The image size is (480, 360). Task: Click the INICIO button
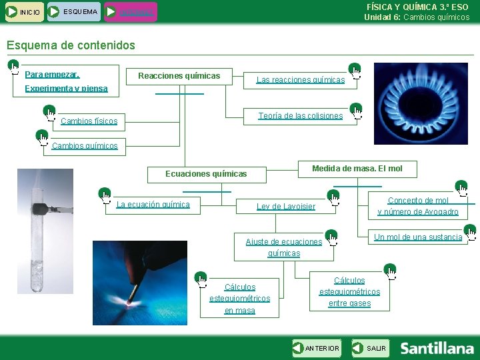[x=23, y=12]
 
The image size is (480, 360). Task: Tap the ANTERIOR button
[x=317, y=348]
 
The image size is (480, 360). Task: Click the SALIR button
[x=371, y=348]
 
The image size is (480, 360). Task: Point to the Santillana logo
[x=437, y=348]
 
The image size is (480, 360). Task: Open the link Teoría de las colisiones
[x=300, y=116]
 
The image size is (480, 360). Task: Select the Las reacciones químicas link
[x=301, y=80]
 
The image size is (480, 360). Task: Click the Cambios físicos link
[x=89, y=121]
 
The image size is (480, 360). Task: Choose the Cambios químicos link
[x=85, y=146]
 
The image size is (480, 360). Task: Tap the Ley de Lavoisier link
[x=286, y=207]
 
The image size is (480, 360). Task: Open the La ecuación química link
[x=153, y=205]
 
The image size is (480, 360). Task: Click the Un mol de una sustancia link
[x=418, y=237]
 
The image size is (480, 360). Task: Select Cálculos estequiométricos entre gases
[x=349, y=292]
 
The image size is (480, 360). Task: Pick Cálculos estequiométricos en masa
[x=239, y=299]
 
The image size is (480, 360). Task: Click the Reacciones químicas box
[x=179, y=76]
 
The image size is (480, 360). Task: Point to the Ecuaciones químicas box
[x=206, y=174]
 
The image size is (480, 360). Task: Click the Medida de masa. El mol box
[x=357, y=169]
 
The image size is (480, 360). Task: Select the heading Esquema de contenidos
[x=70, y=45]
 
